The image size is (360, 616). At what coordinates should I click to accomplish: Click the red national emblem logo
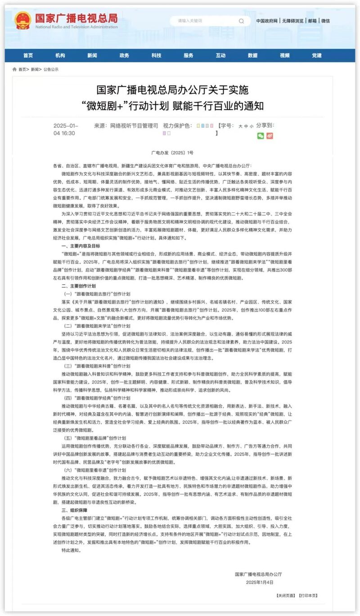pos(22,20)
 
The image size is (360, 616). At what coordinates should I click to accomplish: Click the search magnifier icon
pos(242,21)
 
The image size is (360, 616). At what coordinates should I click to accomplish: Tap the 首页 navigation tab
pos(28,55)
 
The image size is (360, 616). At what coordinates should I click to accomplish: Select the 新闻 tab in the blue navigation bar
pos(92,55)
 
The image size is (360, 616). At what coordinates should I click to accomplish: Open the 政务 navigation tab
pos(124,55)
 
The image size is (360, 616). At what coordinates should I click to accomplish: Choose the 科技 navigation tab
pos(156,55)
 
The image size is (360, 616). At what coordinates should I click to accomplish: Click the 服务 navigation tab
pos(189,55)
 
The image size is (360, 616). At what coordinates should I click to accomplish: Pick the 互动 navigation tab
pos(220,55)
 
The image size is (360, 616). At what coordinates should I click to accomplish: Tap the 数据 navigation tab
pos(252,55)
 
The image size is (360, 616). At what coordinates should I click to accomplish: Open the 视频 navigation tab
pos(284,55)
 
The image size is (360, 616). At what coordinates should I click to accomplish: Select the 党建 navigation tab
pos(317,55)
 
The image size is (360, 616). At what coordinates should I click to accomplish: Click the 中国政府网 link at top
pos(267,21)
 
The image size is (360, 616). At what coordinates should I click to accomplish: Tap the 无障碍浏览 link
pos(293,21)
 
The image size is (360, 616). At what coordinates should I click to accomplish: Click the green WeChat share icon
pos(260,136)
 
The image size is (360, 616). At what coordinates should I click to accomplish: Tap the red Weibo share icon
pos(270,136)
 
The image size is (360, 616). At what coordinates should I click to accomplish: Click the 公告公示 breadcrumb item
pos(51,69)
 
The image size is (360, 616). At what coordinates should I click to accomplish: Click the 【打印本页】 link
pos(308,595)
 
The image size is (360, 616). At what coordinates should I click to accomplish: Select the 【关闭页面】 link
pos(285,595)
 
